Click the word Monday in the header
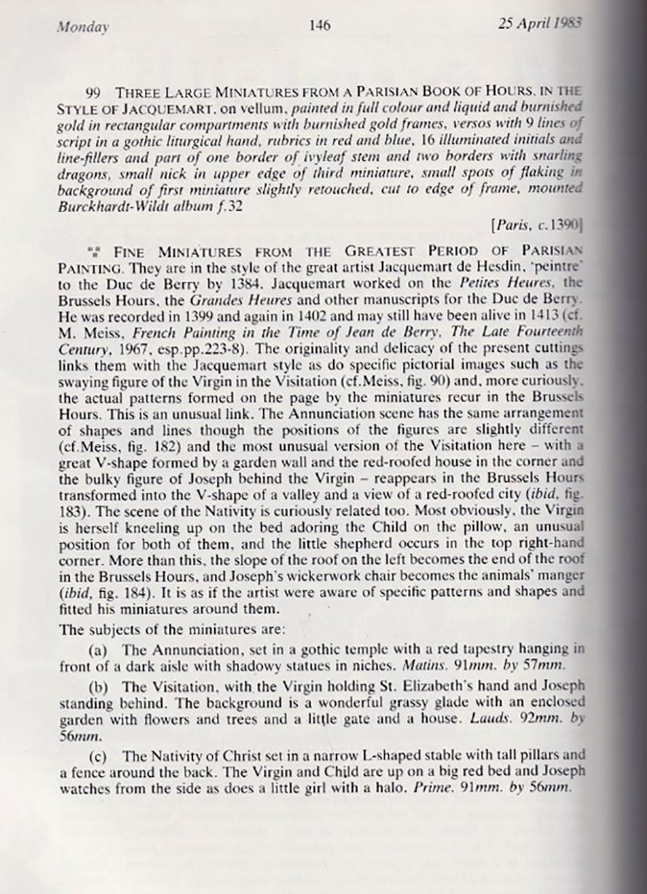pos(82,28)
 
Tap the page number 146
pos(320,26)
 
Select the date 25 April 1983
pos(539,23)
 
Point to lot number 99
pos(93,93)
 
